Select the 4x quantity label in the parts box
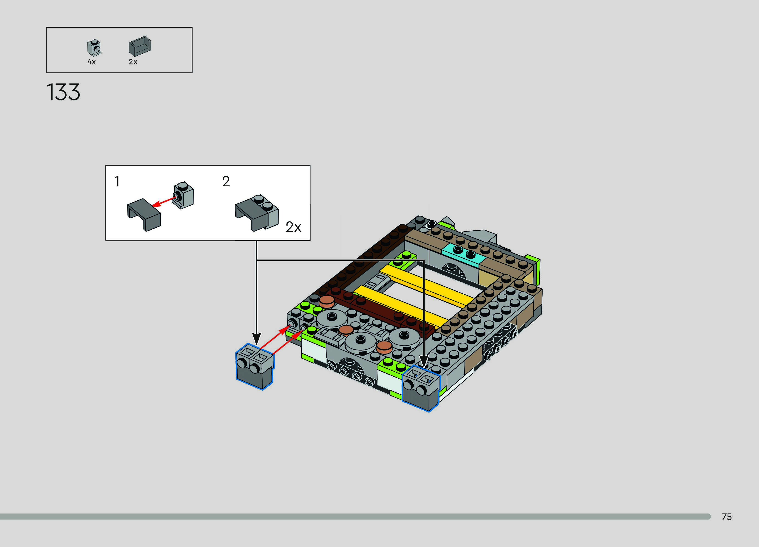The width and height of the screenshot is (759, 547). [91, 62]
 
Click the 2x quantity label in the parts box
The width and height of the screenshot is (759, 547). [133, 62]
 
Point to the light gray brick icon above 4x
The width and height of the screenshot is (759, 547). [94, 48]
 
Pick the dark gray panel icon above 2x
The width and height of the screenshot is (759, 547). [140, 46]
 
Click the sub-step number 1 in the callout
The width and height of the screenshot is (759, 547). [117, 182]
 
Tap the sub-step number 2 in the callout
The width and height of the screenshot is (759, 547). [226, 182]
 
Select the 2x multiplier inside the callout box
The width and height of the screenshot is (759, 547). [294, 227]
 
